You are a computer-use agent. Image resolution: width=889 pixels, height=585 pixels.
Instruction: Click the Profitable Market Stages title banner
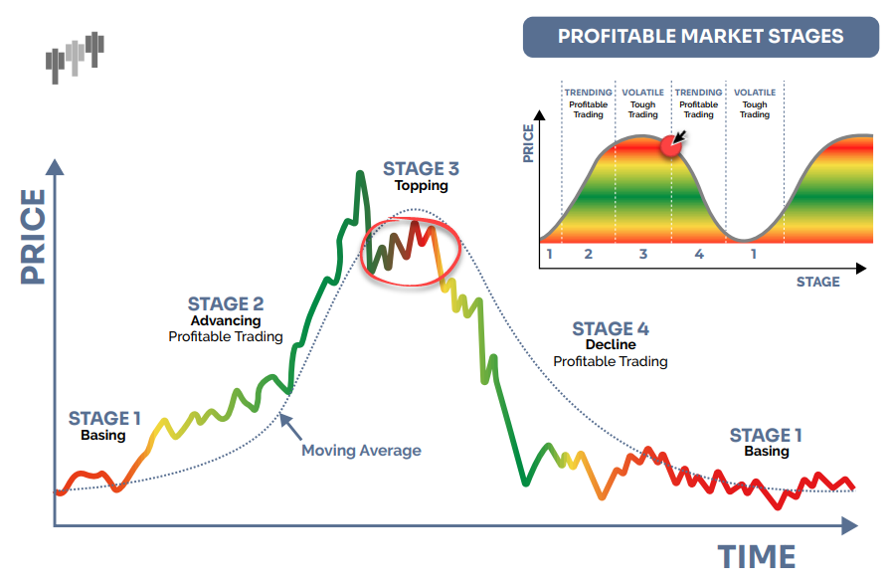[x=701, y=37]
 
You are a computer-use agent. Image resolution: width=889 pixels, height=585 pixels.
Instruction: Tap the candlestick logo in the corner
[x=75, y=58]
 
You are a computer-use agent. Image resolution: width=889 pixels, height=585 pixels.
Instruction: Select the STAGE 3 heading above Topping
[x=421, y=168]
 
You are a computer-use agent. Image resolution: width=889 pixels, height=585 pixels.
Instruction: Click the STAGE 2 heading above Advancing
[x=226, y=303]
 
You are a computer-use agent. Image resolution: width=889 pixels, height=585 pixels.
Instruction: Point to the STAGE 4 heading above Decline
[x=610, y=328]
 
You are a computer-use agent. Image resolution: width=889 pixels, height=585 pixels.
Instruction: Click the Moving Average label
[x=361, y=451]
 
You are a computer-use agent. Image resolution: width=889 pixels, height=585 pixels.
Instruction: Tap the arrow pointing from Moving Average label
[x=290, y=427]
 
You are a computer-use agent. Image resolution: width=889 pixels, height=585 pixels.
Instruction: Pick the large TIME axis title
[x=757, y=556]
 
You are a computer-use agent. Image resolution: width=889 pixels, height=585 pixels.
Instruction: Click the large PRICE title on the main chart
[x=33, y=237]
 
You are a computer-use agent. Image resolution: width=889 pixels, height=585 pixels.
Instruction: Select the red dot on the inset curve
[x=670, y=146]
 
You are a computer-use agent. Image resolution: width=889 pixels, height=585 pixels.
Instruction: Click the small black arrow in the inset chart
[x=680, y=136]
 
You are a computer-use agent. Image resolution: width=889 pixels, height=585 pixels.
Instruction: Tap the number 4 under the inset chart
[x=699, y=255]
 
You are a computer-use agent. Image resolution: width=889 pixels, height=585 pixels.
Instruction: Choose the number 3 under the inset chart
[x=643, y=255]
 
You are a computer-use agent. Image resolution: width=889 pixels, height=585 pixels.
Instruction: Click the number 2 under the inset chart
[x=589, y=255]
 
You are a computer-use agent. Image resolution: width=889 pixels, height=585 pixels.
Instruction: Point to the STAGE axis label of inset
[x=817, y=282]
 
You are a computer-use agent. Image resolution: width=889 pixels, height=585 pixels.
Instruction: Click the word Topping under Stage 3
[x=422, y=185]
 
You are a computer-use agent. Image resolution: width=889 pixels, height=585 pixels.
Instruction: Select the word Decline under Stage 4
[x=611, y=344]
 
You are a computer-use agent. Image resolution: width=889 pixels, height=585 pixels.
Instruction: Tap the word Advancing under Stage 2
[x=226, y=320]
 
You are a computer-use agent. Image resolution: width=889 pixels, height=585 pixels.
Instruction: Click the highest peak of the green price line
[x=359, y=173]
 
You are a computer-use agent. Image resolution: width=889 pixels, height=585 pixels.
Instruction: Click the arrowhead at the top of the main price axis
[x=55, y=166]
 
